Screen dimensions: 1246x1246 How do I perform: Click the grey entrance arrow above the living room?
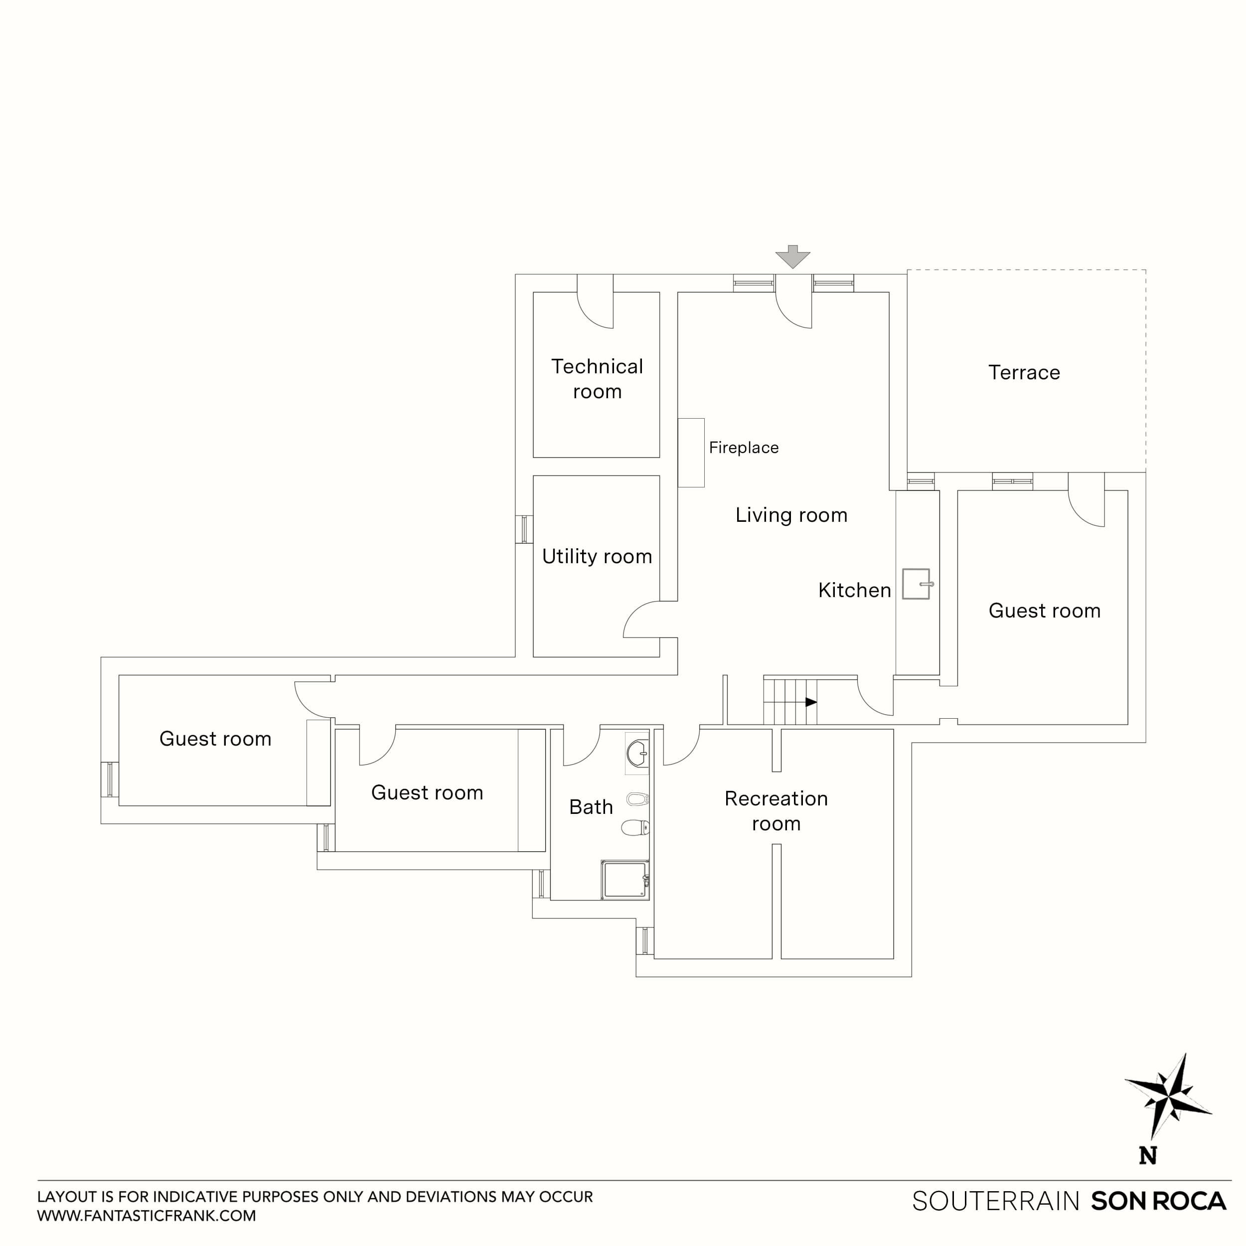click(792, 257)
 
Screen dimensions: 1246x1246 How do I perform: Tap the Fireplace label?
click(744, 448)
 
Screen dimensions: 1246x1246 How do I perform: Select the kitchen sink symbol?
click(916, 584)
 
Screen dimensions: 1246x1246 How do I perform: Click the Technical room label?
click(597, 379)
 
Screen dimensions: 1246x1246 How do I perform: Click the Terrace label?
click(1024, 372)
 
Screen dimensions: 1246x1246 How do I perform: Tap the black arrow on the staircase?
click(811, 702)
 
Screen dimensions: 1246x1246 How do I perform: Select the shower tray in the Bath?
click(625, 880)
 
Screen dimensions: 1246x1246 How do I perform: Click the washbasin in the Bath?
click(637, 753)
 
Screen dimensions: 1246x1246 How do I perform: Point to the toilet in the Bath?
click(635, 827)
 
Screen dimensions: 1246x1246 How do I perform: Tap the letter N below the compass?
click(1147, 1156)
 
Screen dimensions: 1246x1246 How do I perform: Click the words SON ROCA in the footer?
click(1158, 1201)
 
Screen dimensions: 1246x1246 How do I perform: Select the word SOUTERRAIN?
click(995, 1201)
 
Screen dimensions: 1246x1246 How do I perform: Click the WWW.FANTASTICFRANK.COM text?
click(147, 1216)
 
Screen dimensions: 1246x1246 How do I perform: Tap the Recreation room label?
click(776, 811)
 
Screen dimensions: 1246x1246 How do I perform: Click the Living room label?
click(791, 515)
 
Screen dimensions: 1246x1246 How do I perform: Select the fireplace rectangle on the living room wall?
click(691, 453)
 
